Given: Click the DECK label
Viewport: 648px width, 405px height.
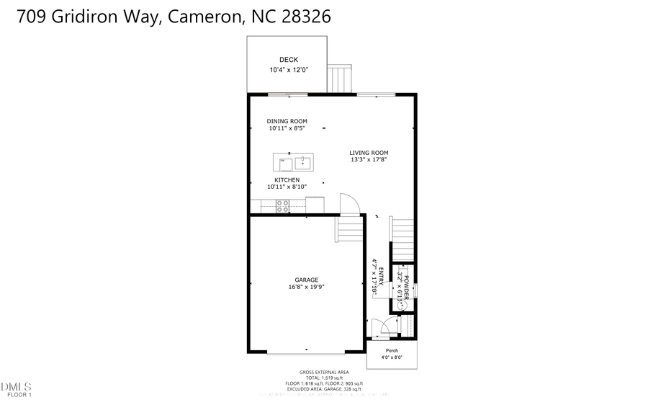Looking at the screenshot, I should click(288, 60).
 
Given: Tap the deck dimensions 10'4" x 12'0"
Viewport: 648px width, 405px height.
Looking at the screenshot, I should click(288, 70).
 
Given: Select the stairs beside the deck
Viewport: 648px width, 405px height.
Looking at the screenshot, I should click(340, 79).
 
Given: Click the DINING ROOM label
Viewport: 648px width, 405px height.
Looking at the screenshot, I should click(287, 121).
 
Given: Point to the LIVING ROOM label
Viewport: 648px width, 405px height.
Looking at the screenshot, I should click(369, 152).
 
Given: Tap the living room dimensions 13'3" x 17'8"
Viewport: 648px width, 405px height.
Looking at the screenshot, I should click(369, 160).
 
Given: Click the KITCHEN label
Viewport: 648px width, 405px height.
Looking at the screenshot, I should click(287, 179).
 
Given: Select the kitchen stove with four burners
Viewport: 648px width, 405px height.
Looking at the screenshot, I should click(283, 205).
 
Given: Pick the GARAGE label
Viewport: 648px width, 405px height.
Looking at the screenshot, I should click(306, 280).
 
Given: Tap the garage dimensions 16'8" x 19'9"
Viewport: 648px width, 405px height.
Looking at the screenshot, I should click(306, 288).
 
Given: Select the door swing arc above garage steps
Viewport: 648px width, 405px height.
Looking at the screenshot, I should click(348, 203).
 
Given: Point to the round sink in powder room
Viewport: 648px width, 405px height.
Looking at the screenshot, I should click(404, 305).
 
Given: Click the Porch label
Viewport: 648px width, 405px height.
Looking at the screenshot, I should click(392, 350).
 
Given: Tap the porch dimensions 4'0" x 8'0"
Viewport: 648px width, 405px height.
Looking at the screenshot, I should click(392, 357).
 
